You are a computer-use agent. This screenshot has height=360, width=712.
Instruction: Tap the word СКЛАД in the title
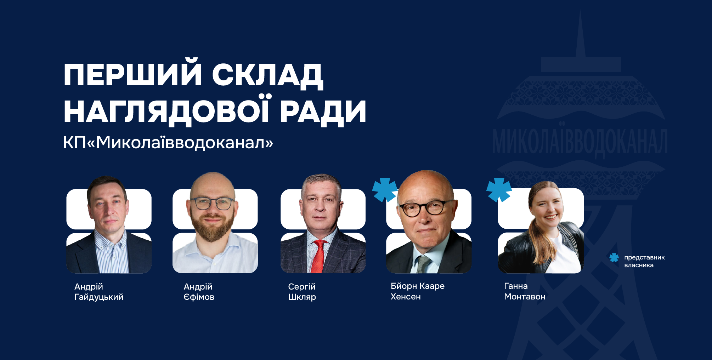267,75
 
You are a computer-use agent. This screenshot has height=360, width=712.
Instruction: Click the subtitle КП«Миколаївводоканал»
168,143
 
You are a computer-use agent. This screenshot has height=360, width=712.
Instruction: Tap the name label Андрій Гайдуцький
99,292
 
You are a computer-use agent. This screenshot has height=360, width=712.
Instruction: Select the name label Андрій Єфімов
199,292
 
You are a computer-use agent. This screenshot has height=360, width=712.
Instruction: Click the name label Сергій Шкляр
302,292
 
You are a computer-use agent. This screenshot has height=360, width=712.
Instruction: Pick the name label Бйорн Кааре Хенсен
417,291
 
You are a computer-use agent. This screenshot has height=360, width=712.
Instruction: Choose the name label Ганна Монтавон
525,291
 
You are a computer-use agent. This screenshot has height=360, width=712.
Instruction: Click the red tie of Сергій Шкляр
318,257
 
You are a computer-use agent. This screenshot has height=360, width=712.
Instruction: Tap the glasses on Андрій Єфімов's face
213,204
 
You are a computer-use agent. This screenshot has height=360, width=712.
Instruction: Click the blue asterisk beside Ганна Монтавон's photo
499,190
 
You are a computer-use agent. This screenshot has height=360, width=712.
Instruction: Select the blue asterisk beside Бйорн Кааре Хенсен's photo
385,190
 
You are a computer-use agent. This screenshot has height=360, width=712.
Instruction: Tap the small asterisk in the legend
614,258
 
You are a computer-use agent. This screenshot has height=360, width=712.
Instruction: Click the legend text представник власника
644,261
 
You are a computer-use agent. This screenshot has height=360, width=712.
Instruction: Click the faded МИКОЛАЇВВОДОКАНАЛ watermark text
580,142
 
